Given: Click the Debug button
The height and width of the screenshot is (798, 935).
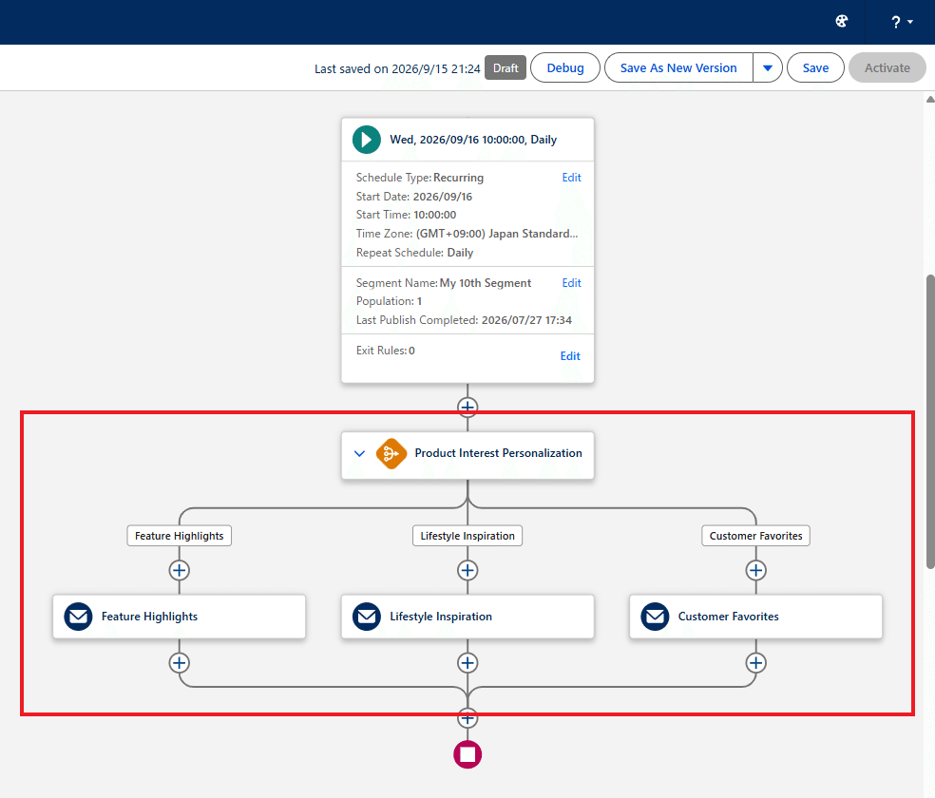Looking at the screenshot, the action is pyautogui.click(x=565, y=68).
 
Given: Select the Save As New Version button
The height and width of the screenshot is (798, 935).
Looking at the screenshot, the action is pyautogui.click(x=678, y=68).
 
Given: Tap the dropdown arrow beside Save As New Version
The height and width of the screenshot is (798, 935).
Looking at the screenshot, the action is pyautogui.click(x=768, y=68).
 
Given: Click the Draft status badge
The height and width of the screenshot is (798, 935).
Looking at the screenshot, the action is pyautogui.click(x=506, y=68).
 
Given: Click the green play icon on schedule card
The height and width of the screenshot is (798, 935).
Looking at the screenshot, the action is pyautogui.click(x=367, y=140).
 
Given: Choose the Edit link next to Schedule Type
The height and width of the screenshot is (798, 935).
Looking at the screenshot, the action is pyautogui.click(x=571, y=178).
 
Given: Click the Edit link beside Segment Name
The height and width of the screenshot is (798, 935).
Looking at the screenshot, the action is pyautogui.click(x=571, y=283).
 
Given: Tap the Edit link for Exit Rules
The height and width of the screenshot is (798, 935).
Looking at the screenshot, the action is pyautogui.click(x=570, y=356).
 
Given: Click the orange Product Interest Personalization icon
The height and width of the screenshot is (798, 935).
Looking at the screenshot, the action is pyautogui.click(x=391, y=453).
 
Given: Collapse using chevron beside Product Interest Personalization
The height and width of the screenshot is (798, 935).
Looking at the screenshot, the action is pyautogui.click(x=359, y=453).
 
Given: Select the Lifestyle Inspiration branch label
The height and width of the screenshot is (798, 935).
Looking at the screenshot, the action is pyautogui.click(x=467, y=536).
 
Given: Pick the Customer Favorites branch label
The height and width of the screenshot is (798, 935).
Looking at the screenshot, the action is pyautogui.click(x=755, y=536).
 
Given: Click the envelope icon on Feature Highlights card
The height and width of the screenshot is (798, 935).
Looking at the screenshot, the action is pyautogui.click(x=78, y=617).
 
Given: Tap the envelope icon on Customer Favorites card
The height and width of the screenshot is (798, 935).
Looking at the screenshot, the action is pyautogui.click(x=655, y=617).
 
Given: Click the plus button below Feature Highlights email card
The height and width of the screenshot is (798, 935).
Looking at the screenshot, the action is pyautogui.click(x=179, y=663).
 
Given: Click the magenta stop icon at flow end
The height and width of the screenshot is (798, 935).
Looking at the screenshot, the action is pyautogui.click(x=467, y=754).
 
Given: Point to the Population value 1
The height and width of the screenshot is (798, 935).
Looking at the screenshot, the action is pyautogui.click(x=419, y=301).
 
